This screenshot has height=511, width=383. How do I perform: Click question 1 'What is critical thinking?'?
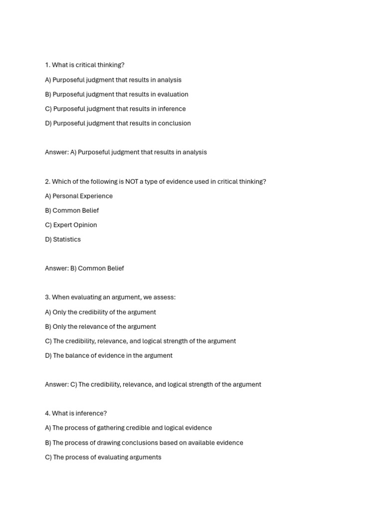click(x=84, y=65)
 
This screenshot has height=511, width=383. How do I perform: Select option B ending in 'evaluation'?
click(x=116, y=94)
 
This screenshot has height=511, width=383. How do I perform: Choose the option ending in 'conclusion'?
click(x=118, y=123)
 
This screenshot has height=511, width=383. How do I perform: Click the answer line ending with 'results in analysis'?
click(x=126, y=152)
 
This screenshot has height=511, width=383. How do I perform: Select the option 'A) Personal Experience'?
click(x=79, y=196)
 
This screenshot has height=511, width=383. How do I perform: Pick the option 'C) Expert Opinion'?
click(x=71, y=225)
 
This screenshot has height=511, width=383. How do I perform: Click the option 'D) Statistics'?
click(x=63, y=240)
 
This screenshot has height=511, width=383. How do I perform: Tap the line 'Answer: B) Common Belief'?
click(x=84, y=268)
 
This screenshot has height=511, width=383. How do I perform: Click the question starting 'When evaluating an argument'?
click(x=110, y=297)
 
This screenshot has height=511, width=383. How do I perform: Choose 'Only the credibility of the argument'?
click(x=100, y=312)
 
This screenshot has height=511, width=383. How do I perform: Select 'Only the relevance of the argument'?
click(x=100, y=327)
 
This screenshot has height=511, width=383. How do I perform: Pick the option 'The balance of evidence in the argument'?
click(x=109, y=356)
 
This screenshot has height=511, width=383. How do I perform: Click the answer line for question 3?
click(x=153, y=385)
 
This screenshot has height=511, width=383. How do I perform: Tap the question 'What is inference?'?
click(x=76, y=414)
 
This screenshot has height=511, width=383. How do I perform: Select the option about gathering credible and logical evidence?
click(x=128, y=428)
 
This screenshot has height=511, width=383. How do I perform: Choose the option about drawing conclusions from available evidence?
click(x=144, y=443)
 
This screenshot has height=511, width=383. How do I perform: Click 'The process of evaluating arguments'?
click(x=103, y=457)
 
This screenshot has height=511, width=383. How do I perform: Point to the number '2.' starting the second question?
click(x=47, y=182)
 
